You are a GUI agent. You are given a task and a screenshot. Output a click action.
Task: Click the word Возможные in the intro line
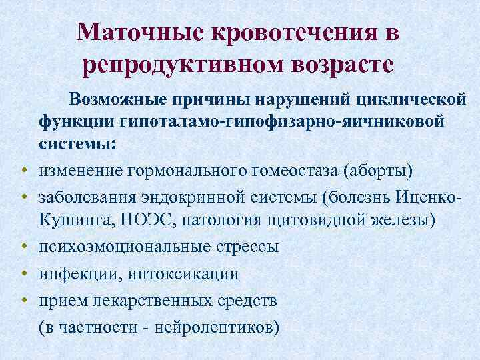pyautogui.click(x=124, y=99)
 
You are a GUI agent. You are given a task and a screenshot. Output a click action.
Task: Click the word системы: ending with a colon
pyautogui.click(x=77, y=144)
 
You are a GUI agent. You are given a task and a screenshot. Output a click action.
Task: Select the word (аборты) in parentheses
pyautogui.click(x=377, y=170)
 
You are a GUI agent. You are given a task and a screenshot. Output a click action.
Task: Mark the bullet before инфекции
pyautogui.click(x=22, y=274)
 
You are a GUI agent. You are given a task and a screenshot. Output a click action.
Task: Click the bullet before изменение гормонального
pyautogui.click(x=22, y=170)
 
